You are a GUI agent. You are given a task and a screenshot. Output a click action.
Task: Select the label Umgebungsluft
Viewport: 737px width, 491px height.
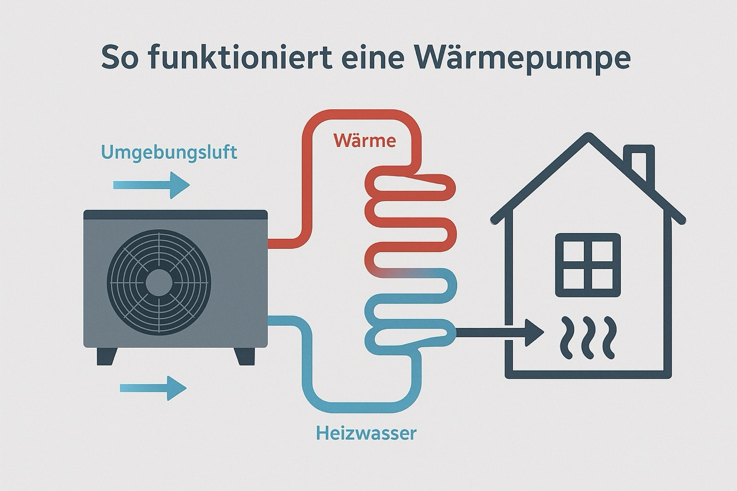pos(169,153)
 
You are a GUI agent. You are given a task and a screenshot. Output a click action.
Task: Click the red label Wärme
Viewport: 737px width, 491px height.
pos(364,140)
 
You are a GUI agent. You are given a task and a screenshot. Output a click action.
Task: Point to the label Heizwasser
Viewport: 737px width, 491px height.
pos(366,433)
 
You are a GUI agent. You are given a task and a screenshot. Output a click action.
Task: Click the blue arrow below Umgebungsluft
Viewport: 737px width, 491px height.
pos(151,185)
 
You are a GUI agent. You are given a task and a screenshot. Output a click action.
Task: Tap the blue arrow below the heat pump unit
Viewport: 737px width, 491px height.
pos(153,387)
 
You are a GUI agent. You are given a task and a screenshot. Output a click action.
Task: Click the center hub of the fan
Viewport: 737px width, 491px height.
pos(159,282)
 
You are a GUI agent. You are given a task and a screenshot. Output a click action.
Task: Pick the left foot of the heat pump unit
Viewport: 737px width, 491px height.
pos(107,356)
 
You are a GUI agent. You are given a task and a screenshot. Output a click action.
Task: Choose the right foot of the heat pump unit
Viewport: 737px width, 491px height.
pos(245,356)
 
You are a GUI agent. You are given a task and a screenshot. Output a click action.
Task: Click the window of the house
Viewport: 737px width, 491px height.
pos(588,265)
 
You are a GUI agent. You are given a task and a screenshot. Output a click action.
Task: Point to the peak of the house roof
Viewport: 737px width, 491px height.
pos(588,138)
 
